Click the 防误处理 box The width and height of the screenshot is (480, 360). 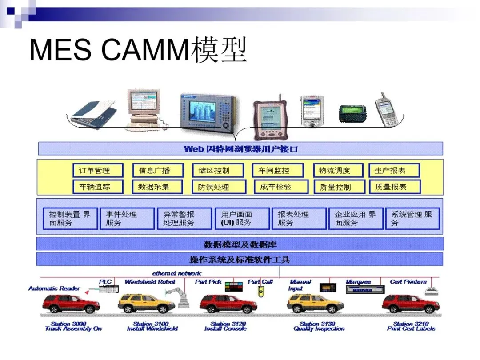(218, 187)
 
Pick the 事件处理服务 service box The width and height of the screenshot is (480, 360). (127, 218)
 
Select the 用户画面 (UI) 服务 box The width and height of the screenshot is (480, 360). (242, 218)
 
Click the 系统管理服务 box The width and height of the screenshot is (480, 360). (412, 218)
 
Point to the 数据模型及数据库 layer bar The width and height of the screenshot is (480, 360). (240, 244)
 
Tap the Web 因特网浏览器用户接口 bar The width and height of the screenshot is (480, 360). (240, 148)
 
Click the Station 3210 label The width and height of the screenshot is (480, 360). (411, 326)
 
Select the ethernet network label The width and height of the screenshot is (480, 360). (176, 273)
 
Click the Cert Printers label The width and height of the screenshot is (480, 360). (408, 282)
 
